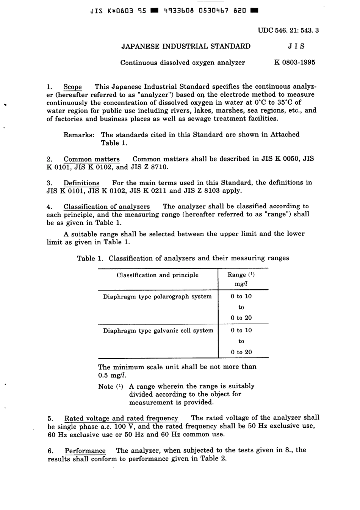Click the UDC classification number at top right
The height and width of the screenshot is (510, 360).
tap(288, 30)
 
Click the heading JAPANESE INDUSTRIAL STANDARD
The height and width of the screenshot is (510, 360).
tap(186, 47)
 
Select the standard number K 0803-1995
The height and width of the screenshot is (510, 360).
tap(294, 63)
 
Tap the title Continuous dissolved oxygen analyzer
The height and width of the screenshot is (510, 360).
tap(183, 63)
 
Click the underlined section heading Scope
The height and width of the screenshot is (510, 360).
tap(72, 87)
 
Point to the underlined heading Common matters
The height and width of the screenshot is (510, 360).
tap(91, 159)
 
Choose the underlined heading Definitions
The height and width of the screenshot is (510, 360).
tap(81, 183)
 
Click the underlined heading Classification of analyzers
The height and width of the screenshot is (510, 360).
tap(106, 207)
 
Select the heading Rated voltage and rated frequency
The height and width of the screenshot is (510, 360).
tap(121, 418)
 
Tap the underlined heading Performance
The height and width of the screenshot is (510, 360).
tap(85, 451)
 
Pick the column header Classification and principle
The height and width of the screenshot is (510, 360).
tap(157, 275)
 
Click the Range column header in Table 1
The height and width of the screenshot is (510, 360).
tap(241, 275)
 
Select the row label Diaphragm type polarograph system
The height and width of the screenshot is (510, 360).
tap(157, 297)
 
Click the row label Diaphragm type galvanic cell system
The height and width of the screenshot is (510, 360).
tap(158, 331)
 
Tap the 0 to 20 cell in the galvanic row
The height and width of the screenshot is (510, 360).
tap(241, 352)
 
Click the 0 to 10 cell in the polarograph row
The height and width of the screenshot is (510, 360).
tap(241, 297)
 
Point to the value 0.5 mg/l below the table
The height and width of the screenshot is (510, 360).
tap(112, 375)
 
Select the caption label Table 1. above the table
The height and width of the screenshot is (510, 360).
tap(90, 259)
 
